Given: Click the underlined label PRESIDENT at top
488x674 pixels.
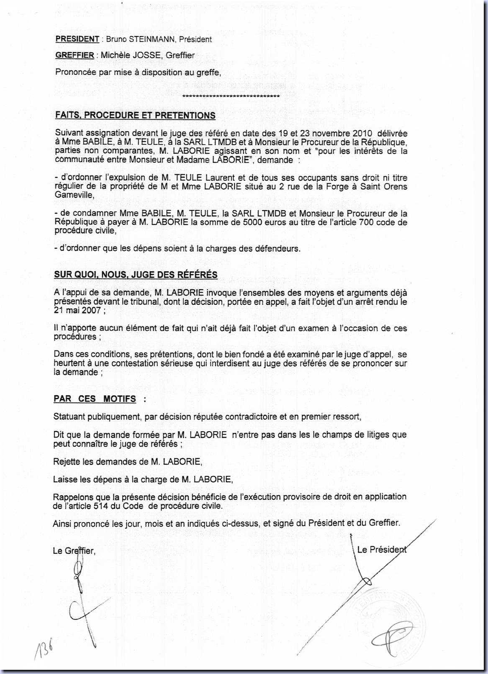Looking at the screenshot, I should point(77,39).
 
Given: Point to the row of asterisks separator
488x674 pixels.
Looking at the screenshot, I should point(231,97).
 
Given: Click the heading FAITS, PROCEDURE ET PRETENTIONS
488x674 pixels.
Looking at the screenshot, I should point(135,116).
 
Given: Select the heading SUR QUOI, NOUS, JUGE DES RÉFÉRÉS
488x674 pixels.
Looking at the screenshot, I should point(136,275).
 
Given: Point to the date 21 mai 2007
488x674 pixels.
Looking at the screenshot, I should point(77,310).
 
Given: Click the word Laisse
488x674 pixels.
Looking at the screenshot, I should point(65,479).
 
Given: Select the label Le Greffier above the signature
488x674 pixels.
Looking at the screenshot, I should point(74,551).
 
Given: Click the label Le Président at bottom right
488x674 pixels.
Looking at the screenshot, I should point(382,550).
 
